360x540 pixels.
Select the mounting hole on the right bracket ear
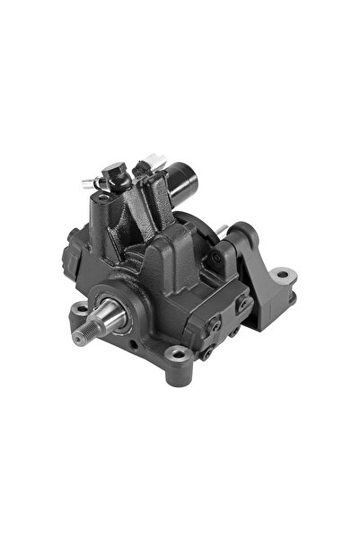click(282, 272)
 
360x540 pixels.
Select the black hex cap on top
click(114, 169)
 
